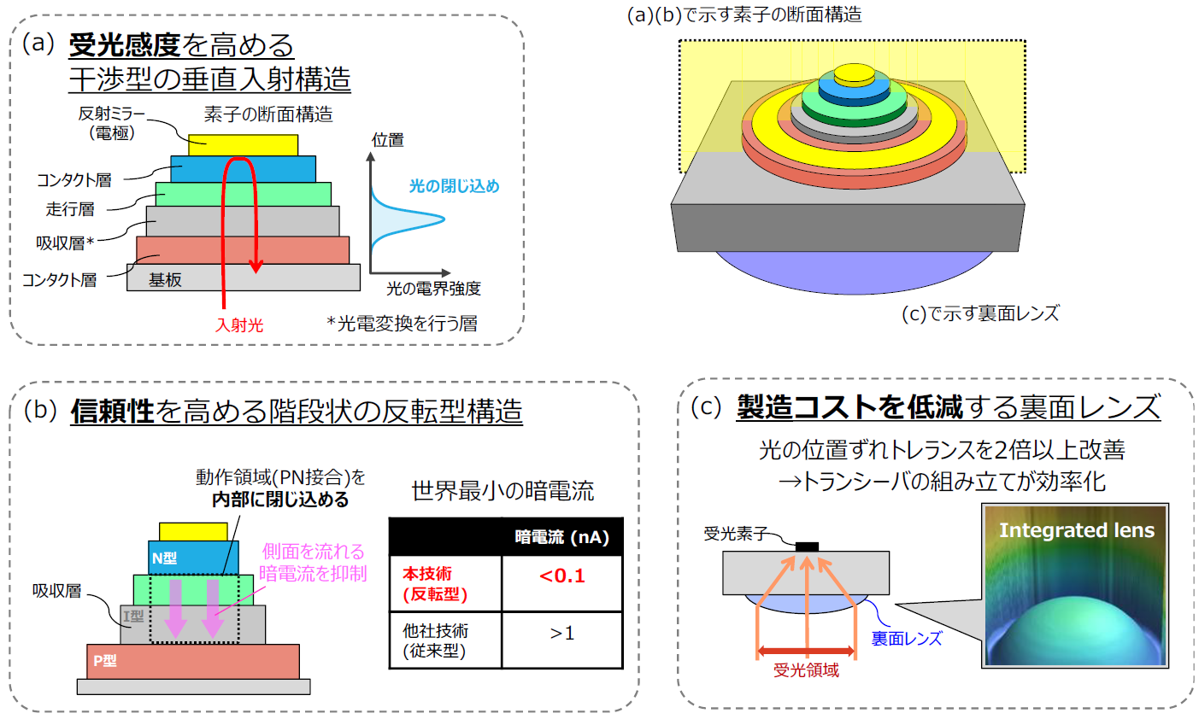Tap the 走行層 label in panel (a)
[x=70, y=209]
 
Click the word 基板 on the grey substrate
[x=165, y=279]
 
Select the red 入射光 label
[x=239, y=324]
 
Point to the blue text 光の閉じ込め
[x=454, y=185]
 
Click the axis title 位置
[x=388, y=140]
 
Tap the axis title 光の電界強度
[x=433, y=289]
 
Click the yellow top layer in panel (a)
[x=243, y=144]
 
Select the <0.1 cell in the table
[x=561, y=576]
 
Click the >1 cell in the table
[x=561, y=633]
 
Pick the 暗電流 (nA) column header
[x=561, y=537]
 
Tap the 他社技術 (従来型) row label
[x=435, y=640]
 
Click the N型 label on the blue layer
[x=164, y=558]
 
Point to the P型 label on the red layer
[x=105, y=660]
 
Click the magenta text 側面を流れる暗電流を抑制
[x=313, y=562]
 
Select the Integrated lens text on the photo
[x=1076, y=530]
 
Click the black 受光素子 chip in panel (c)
[x=807, y=547]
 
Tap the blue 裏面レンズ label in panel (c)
[x=906, y=638]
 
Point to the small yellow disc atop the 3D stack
[x=855, y=73]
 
